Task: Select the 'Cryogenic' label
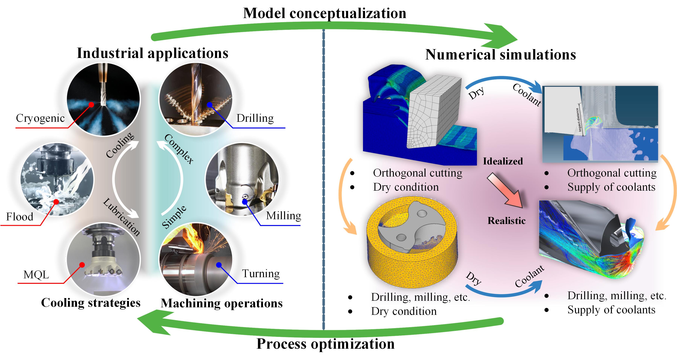click(x=40, y=118)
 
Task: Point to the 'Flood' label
click(x=20, y=217)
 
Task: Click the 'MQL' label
click(x=36, y=275)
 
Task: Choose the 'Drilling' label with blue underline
click(x=255, y=118)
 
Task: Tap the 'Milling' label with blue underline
click(x=284, y=216)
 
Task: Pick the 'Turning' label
click(x=261, y=274)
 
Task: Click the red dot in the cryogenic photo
click(x=91, y=105)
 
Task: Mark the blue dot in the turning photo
click(x=219, y=265)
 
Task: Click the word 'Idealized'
click(x=503, y=161)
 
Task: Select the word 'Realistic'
click(x=506, y=221)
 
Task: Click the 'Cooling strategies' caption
click(x=91, y=303)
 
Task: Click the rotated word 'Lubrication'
click(x=121, y=217)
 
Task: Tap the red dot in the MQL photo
click(x=82, y=265)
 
